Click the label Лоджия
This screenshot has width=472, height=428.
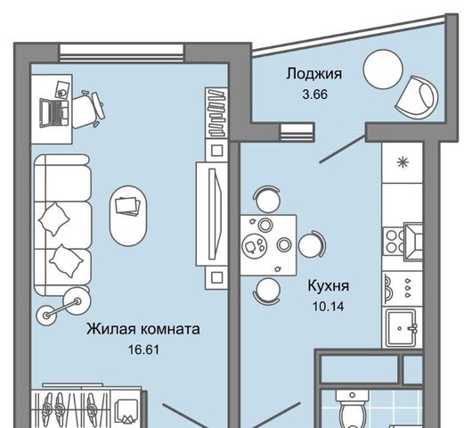pos(314,74)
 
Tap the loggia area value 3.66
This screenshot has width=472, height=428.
pos(315,95)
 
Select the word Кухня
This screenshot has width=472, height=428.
pos(329,285)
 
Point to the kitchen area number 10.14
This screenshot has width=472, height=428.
pos(329,307)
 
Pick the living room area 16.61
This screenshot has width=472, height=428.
pos(143,350)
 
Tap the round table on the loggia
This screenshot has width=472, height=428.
pos(383,70)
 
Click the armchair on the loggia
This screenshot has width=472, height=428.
pos(417,97)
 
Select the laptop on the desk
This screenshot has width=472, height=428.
pos(54,112)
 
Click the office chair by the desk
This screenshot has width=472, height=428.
pos(88,109)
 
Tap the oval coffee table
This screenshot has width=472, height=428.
pos(128,216)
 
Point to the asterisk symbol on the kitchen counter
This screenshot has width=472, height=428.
pos(403,163)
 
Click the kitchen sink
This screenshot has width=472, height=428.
pos(402,327)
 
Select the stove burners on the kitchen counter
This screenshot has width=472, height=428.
pos(393,242)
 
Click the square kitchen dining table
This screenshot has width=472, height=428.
pos(268,244)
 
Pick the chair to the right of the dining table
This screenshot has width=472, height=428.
pos(312,245)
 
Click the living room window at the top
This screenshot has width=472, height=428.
pos(121,53)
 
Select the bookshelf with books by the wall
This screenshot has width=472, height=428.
pos(216,112)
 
